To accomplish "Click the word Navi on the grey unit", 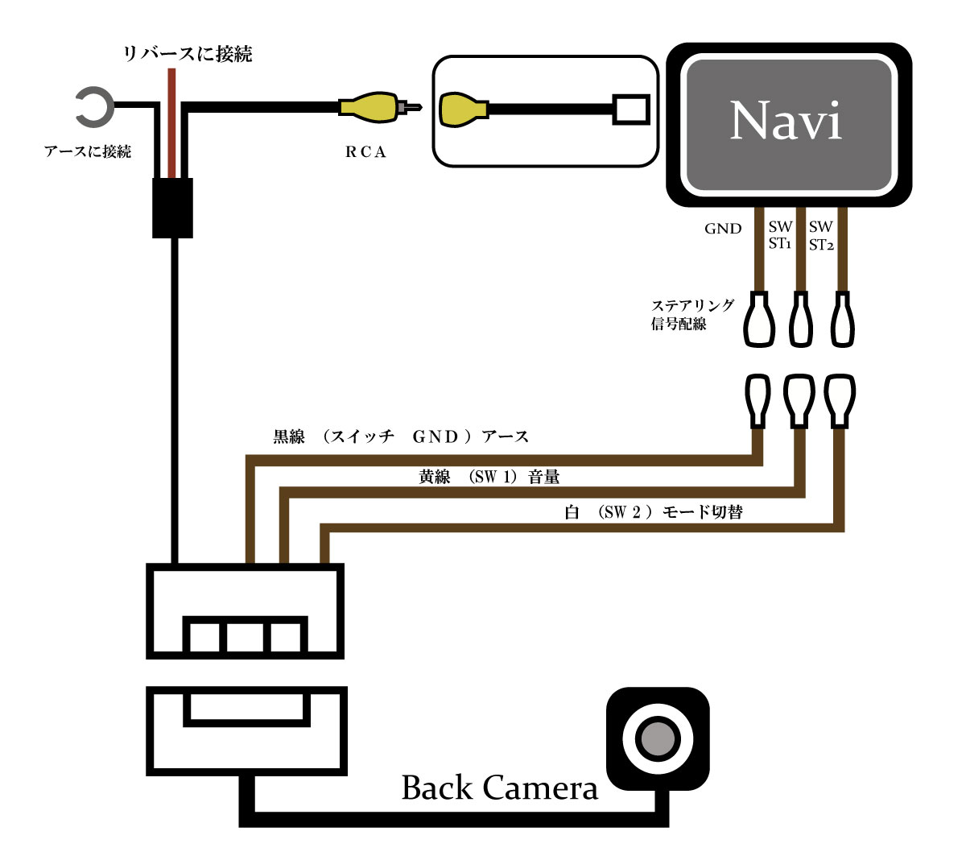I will pos(785,121).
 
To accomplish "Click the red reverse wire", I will pos(171,121).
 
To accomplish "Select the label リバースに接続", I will pos(187,54).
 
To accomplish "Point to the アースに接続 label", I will pos(88,151).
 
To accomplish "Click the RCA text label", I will pos(366,152).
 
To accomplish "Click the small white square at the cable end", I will pos(630,110).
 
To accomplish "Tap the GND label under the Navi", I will pos(723,229).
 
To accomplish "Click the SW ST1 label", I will pos(780,235).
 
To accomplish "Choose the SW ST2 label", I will pos(821,236).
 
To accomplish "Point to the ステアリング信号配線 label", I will pos(692,314).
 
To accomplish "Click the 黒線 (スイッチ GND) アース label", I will pos(401,436).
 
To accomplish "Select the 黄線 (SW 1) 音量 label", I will pos(489,477).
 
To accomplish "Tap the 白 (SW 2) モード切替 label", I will pos(653,512).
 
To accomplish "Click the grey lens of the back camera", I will pos(657,738).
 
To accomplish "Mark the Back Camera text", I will pos(499,788).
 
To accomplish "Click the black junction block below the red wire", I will pos(172,208).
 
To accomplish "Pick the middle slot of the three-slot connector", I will pos(246,636).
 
